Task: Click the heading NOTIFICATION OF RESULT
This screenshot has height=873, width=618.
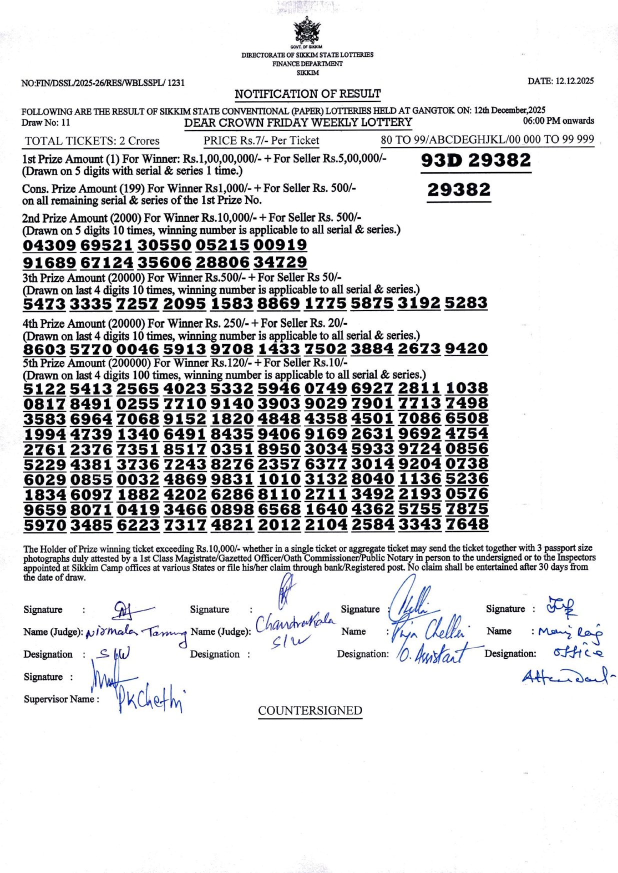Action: click(307, 94)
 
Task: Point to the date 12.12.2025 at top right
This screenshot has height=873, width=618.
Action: click(560, 81)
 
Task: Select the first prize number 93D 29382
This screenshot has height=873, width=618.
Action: click(475, 160)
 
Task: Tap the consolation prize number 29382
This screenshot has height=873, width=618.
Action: click(458, 189)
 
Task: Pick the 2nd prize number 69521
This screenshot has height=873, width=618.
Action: click(106, 245)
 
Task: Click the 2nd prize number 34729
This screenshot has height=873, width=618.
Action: click(279, 262)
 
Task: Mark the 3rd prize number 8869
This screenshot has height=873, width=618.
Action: click(278, 303)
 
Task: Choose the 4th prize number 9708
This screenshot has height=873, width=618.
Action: click(231, 348)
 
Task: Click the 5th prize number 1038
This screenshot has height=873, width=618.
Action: click(466, 388)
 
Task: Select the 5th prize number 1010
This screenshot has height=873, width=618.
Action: click(278, 479)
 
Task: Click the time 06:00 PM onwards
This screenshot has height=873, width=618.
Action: click(558, 121)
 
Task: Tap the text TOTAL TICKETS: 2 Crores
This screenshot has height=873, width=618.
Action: click(92, 141)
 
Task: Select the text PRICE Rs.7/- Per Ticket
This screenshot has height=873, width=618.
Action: click(261, 140)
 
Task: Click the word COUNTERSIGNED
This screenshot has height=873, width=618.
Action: click(310, 710)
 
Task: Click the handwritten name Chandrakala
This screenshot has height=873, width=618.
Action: click(295, 623)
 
